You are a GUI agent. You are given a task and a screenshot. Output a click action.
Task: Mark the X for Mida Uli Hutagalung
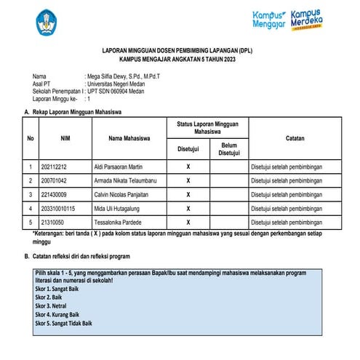tap(188, 208)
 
